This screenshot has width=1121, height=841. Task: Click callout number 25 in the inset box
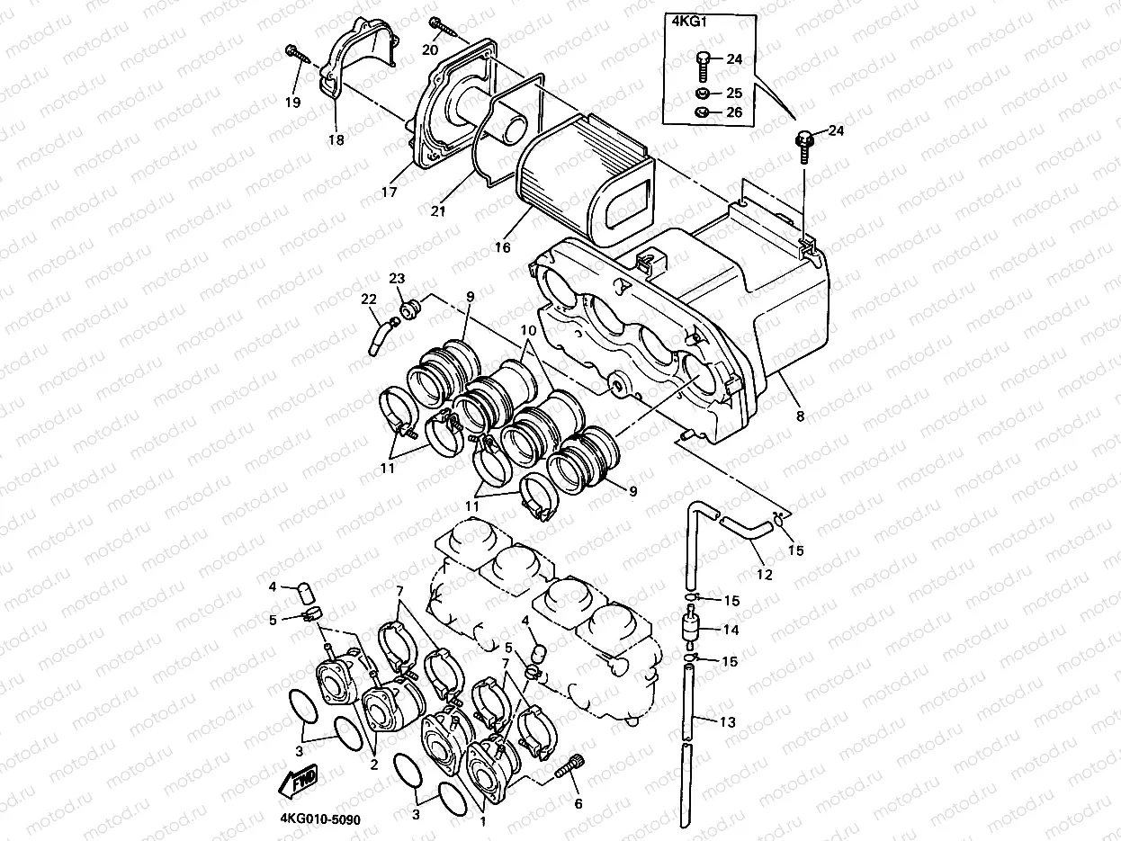(x=734, y=93)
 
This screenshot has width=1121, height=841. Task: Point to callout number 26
(x=734, y=113)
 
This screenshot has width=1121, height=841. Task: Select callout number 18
(x=336, y=139)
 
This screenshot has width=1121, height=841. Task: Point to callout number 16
(x=502, y=246)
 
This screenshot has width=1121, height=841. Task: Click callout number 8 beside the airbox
(x=799, y=416)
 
